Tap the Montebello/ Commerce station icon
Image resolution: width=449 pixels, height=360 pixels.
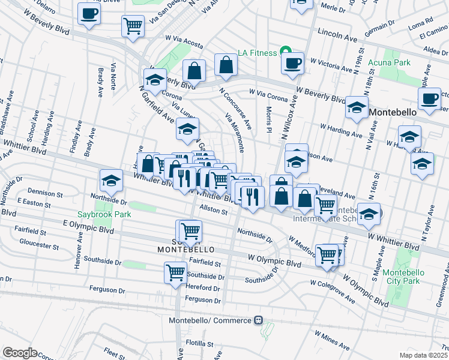259,320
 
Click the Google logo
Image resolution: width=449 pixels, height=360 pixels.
20,353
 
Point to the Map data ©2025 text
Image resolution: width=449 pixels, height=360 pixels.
424,355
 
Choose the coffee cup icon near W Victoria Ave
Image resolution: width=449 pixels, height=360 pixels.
292,63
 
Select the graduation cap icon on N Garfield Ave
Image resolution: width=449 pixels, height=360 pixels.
155,79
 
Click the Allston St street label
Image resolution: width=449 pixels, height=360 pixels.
214,211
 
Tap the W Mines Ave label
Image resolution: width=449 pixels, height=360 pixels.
331,343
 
